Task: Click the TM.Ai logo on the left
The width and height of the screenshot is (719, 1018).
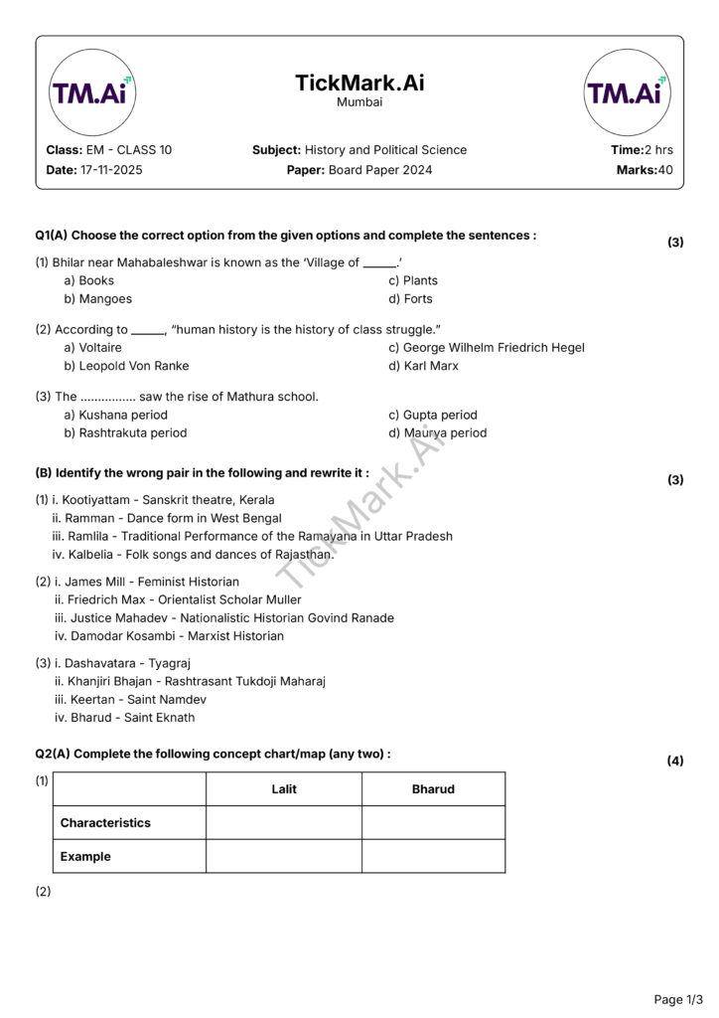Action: [x=92, y=92]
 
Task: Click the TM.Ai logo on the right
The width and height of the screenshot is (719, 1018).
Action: [x=626, y=92]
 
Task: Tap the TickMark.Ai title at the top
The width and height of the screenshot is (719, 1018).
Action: [x=359, y=84]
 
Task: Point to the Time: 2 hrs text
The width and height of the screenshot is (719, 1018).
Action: [x=642, y=150]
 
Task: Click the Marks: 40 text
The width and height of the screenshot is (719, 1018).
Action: [x=645, y=170]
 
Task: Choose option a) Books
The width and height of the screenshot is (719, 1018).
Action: [x=89, y=280]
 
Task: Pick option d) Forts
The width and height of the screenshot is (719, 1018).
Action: [x=410, y=298]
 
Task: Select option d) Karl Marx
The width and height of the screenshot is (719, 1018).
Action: [x=424, y=366]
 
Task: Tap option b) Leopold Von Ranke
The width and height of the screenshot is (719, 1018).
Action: [x=126, y=366]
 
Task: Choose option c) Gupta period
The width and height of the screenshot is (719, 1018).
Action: [x=433, y=415]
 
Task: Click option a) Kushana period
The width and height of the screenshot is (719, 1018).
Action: [x=116, y=415]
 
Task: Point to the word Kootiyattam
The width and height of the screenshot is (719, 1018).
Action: [x=95, y=500]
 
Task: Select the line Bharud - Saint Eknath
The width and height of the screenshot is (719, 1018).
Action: [x=125, y=718]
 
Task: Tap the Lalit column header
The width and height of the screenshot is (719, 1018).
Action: [x=284, y=789]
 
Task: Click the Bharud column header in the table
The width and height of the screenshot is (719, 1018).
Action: [x=433, y=789]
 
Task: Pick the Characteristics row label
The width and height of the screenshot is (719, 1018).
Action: [x=105, y=823]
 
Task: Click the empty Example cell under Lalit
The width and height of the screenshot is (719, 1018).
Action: [x=284, y=856]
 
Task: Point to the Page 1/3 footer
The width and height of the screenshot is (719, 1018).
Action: [x=678, y=998]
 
